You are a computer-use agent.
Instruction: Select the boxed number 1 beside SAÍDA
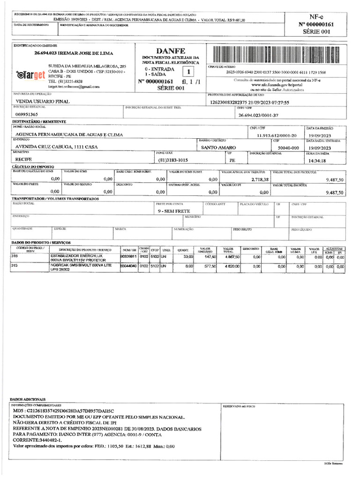tap(187, 72)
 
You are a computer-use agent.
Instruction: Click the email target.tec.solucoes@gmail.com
tap(74, 87)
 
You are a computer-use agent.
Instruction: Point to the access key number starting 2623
tap(276, 73)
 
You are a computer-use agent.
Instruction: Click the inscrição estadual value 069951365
tap(27, 114)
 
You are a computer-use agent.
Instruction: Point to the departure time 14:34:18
tap(317, 160)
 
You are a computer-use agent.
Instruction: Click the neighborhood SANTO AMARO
tap(218, 148)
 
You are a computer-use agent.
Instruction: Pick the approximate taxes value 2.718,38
tap(260, 180)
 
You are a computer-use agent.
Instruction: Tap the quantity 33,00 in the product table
tap(188, 257)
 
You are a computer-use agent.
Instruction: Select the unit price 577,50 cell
tap(209, 266)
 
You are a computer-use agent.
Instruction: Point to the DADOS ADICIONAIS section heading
tap(26, 398)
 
